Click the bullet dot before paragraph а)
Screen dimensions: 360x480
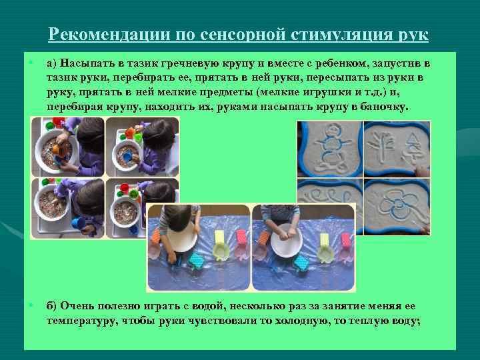tap(31, 63)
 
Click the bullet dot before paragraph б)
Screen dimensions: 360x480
tap(31, 305)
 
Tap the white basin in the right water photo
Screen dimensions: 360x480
tap(287, 241)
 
